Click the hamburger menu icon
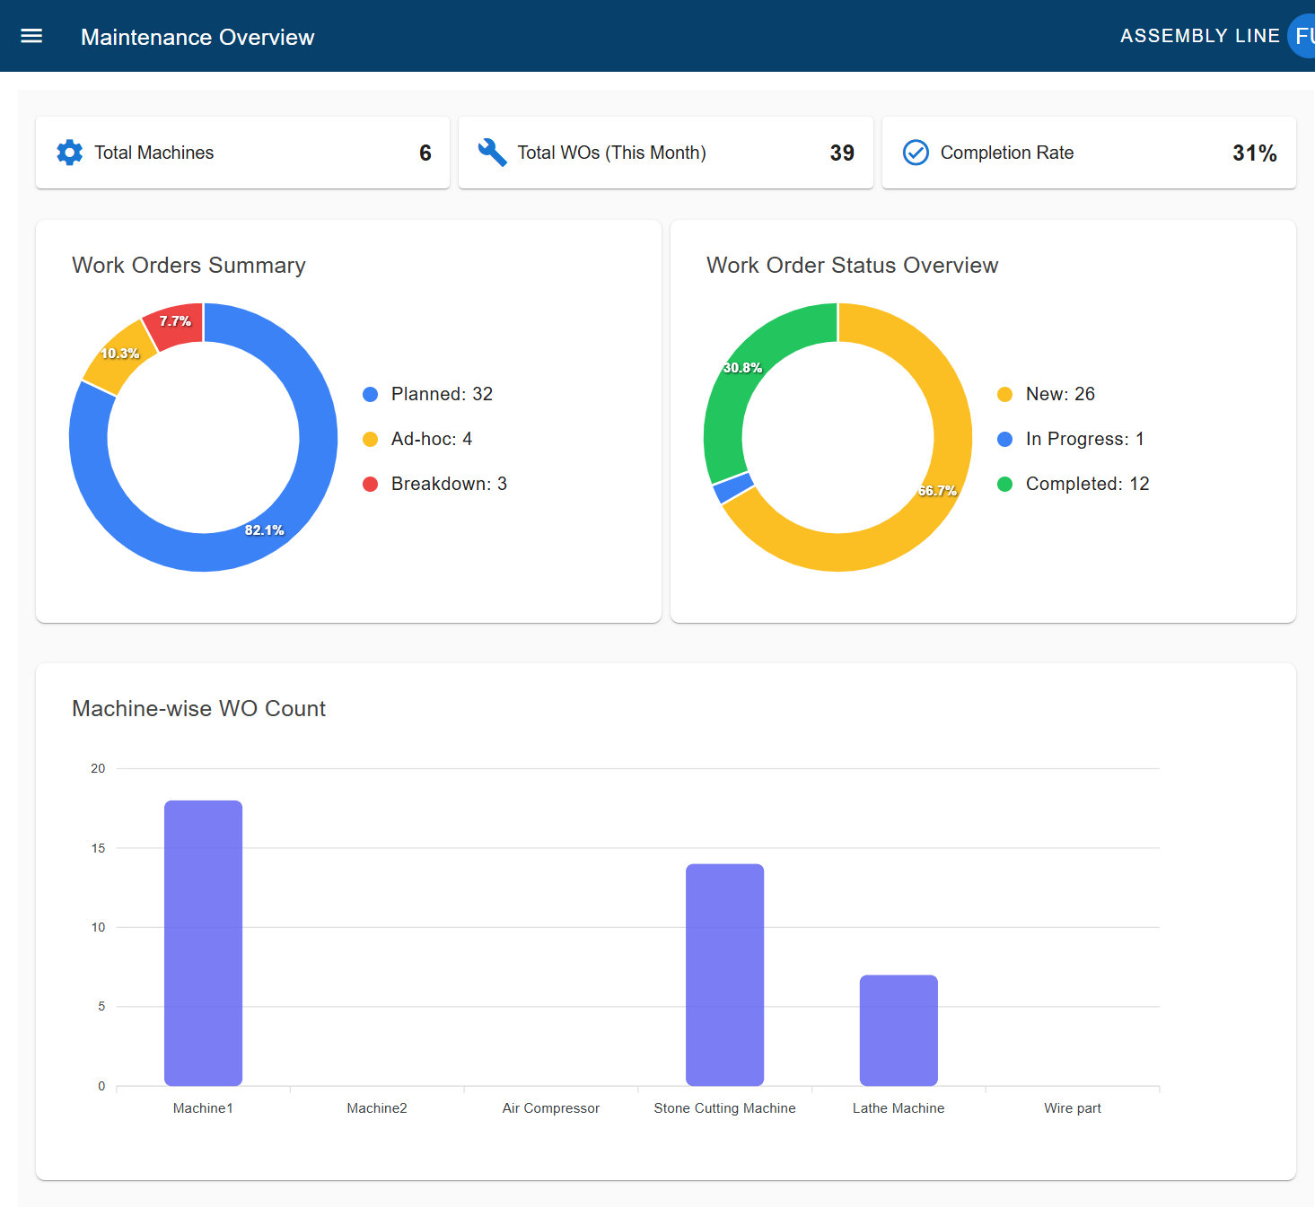tap(31, 36)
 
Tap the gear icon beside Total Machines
tap(69, 153)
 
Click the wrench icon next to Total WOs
tap(492, 153)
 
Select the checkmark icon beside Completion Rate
tap(916, 153)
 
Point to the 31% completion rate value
tap(1254, 153)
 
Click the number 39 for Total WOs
tap(842, 153)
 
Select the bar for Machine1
tap(203, 942)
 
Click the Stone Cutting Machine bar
tap(724, 974)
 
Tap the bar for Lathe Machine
tap(899, 1029)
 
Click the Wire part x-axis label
tap(1072, 1108)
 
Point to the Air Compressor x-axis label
tap(550, 1108)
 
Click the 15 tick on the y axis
tap(98, 848)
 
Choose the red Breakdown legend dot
tap(370, 485)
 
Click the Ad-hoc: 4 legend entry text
tap(431, 439)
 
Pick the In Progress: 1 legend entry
tap(1084, 439)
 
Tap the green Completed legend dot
tap(1004, 485)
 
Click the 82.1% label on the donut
tap(264, 530)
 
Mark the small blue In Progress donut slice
tap(733, 488)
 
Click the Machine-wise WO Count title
tap(198, 709)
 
